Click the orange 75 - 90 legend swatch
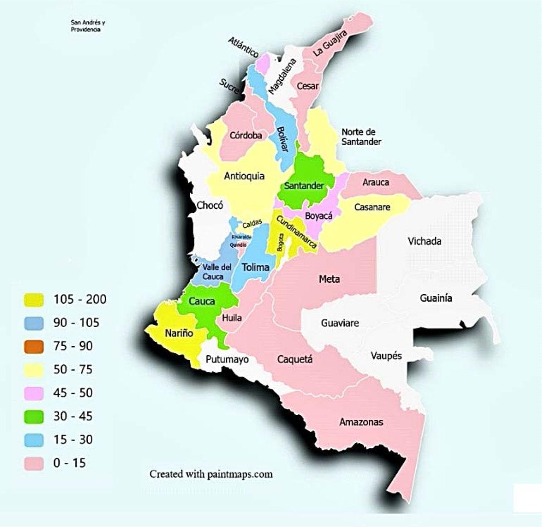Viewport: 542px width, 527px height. point(33,346)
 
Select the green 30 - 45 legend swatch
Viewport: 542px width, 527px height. point(33,417)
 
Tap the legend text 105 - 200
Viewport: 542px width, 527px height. point(80,299)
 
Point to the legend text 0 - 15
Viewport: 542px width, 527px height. point(69,463)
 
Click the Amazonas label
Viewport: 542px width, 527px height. point(361,422)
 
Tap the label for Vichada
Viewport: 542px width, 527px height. point(424,241)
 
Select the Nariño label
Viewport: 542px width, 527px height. point(179,333)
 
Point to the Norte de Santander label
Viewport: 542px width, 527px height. point(361,137)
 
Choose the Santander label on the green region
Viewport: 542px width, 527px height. point(304,186)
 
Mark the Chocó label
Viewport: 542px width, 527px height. point(210,206)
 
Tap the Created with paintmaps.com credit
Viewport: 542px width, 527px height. point(211,474)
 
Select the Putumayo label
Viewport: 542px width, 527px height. point(227,360)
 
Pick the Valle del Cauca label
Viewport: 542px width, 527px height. point(216,272)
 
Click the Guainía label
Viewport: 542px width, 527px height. point(436,298)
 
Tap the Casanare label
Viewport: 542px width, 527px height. point(372,207)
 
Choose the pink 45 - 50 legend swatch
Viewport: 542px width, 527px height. point(33,393)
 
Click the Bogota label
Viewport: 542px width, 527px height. point(280,243)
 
